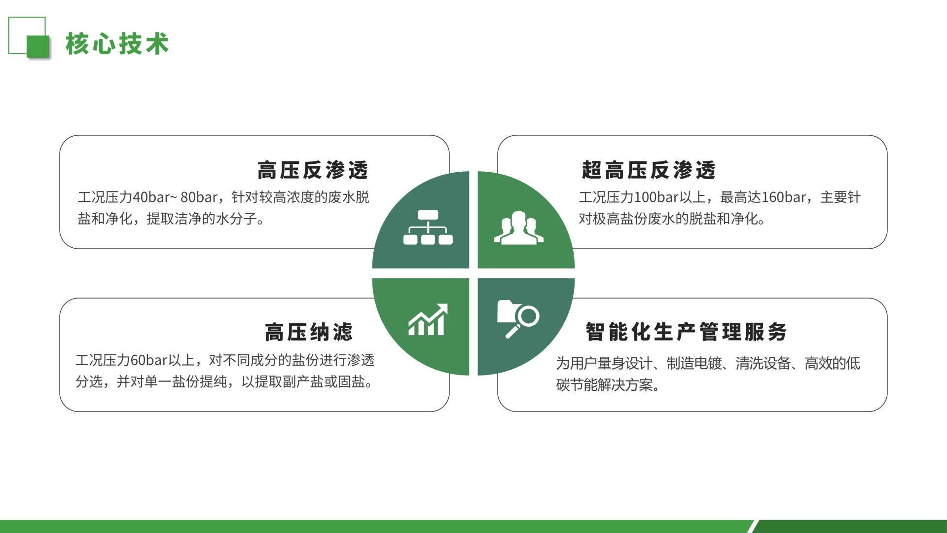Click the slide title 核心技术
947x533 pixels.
pos(117,43)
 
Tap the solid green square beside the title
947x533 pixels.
pos(38,47)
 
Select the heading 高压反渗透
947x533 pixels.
pos(313,170)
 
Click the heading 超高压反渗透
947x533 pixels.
pos(649,170)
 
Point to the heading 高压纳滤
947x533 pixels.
pos(309,332)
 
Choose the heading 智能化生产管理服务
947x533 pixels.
pos(686,332)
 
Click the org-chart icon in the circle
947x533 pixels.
pos(428,228)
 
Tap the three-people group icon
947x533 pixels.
pos(519,228)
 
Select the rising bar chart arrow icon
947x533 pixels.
pos(428,319)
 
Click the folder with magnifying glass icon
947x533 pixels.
pos(518,319)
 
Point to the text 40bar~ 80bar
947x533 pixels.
pos(175,197)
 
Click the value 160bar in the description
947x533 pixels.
pos(784,197)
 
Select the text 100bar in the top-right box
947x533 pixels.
pos(656,197)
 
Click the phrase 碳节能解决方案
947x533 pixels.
pos(604,385)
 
